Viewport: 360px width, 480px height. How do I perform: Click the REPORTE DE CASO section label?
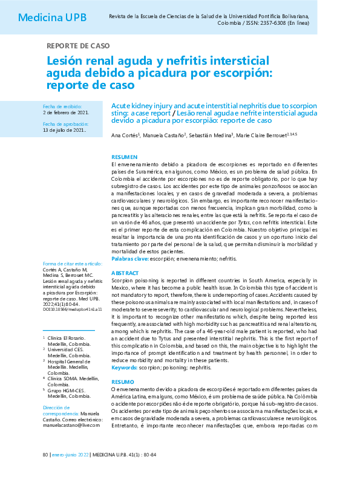pyautogui.click(x=78, y=45)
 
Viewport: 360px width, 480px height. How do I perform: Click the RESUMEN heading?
pyautogui.click(x=125, y=157)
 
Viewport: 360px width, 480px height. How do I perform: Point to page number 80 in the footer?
pyautogui.click(x=45, y=471)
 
